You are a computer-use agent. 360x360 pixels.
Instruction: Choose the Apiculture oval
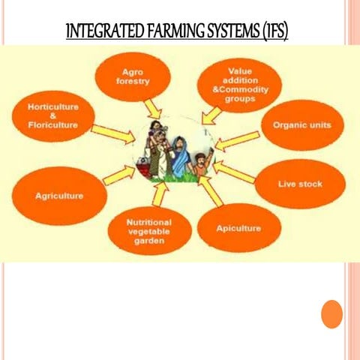click(x=238, y=227)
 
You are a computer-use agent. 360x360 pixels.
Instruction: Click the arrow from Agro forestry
click(x=154, y=109)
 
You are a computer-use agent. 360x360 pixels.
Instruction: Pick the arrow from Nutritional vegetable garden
click(x=157, y=194)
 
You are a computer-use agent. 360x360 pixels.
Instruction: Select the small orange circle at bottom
click(x=331, y=313)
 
